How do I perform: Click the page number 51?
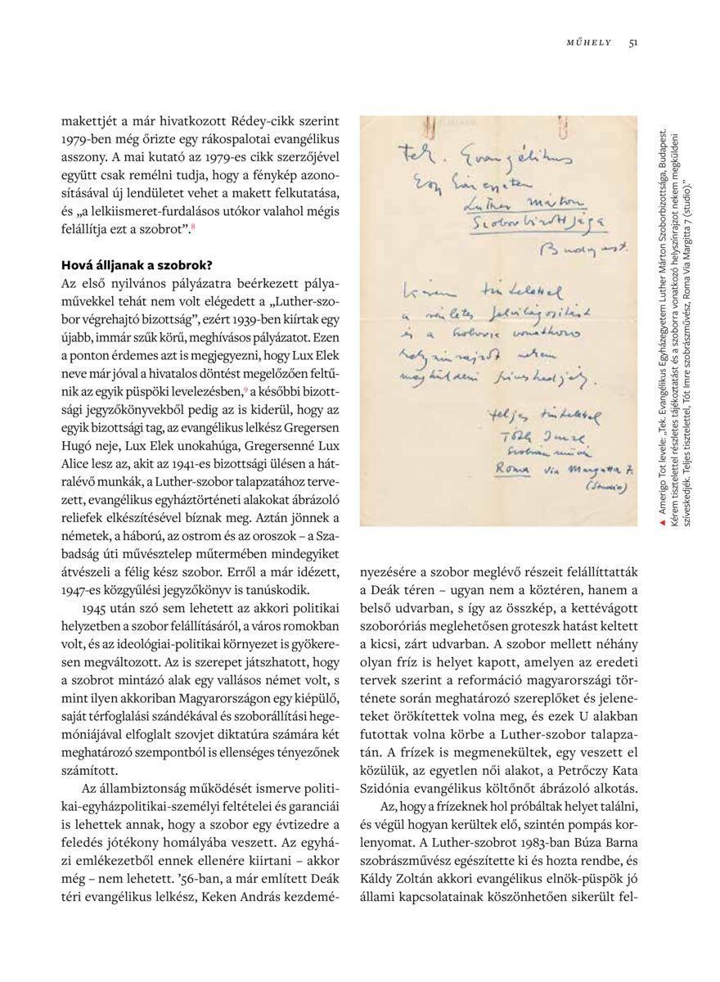point(633,43)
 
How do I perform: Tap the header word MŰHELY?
point(589,43)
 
